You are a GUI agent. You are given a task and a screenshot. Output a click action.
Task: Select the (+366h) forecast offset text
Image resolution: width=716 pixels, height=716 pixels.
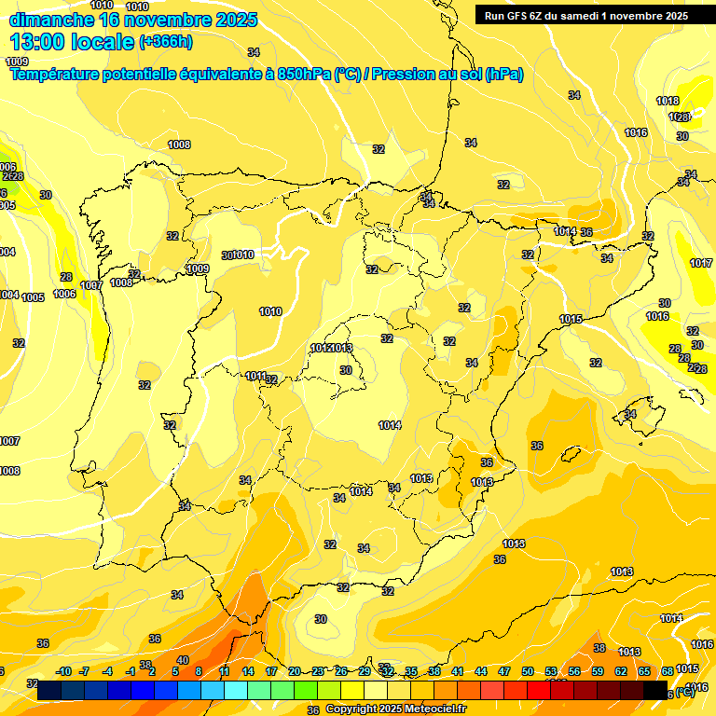coord(166,42)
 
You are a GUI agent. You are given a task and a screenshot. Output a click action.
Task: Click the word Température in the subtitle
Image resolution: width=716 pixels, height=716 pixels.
coord(56,75)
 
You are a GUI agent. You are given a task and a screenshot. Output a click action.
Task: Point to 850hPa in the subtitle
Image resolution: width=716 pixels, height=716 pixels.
coord(302,75)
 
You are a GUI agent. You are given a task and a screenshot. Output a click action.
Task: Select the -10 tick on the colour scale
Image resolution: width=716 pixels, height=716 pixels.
coord(62,671)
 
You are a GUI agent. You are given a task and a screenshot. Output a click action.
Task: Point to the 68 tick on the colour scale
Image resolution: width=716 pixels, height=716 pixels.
coord(668,671)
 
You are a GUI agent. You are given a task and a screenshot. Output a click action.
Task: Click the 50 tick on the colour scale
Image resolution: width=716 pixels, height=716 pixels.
coord(528,671)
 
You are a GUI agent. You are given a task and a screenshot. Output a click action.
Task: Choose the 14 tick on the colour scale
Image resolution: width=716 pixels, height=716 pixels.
coord(248,671)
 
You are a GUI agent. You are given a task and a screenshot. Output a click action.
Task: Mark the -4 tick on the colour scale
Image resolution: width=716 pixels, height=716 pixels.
coord(108,671)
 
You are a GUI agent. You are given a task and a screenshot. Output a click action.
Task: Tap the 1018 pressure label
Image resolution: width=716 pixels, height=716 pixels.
coord(668,102)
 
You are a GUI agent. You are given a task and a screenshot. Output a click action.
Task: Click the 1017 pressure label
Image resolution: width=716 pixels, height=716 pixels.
coord(701,264)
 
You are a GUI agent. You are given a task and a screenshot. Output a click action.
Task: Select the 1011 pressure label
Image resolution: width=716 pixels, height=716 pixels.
coord(256,376)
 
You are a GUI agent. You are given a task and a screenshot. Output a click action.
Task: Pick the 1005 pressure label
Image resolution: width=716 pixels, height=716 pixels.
coord(33,298)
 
